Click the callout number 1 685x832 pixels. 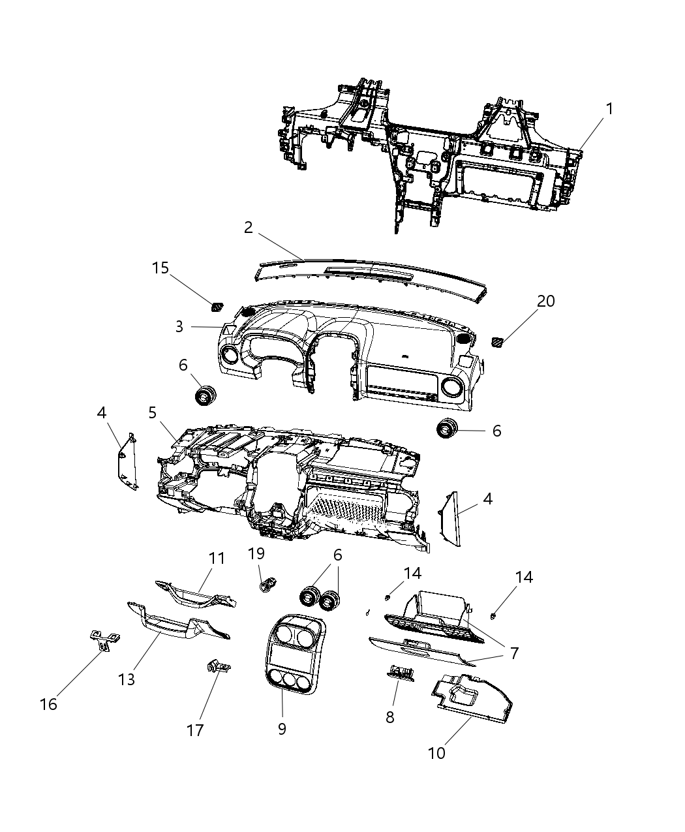point(609,109)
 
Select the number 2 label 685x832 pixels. point(248,227)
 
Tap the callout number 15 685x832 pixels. point(160,268)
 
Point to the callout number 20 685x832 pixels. point(545,301)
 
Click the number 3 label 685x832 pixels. point(179,326)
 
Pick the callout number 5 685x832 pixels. point(152,412)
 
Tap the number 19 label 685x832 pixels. point(256,553)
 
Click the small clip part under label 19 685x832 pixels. point(267,585)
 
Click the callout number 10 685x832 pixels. point(436,752)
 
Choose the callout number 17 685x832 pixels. point(196,730)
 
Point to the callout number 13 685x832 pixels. point(127,679)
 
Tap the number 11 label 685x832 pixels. point(217,559)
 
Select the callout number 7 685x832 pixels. point(514,653)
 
